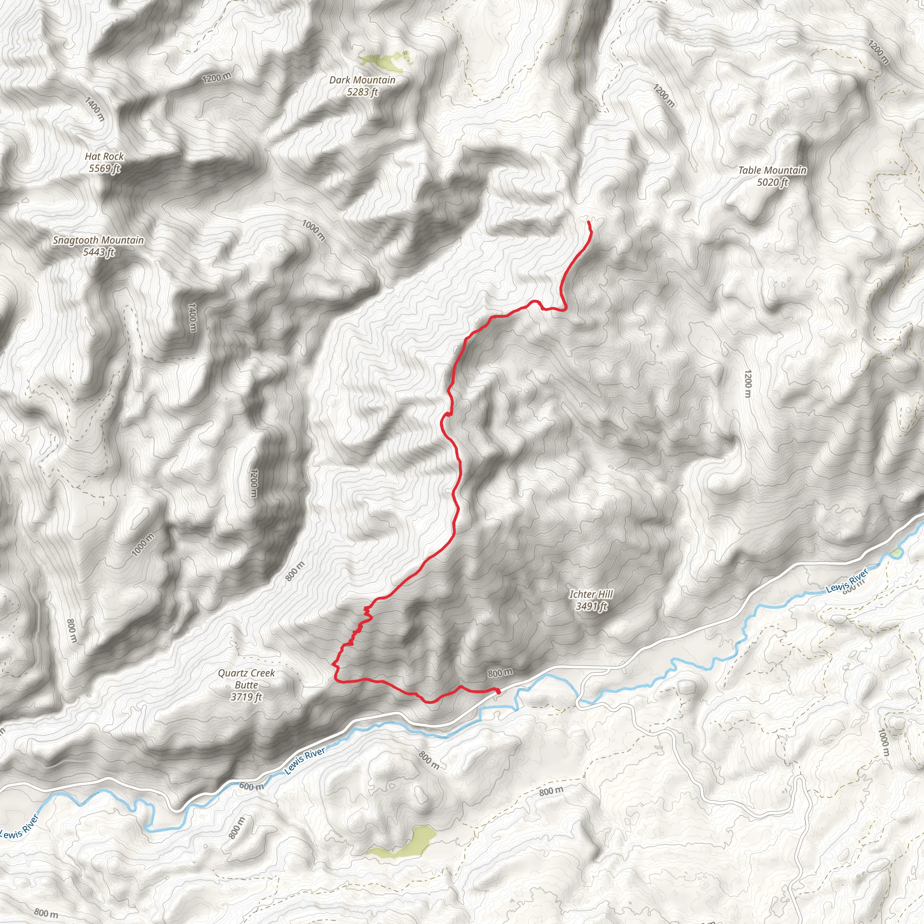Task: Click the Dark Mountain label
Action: [x=362, y=80]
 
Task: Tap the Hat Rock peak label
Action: [x=104, y=157]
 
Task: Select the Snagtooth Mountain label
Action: [x=98, y=240]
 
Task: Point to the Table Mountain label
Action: [x=772, y=170]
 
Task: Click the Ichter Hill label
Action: [x=591, y=595]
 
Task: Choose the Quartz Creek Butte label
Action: [x=246, y=679]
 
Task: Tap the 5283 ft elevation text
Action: [x=362, y=92]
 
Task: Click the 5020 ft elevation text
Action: [x=772, y=182]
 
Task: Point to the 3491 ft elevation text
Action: [x=591, y=606]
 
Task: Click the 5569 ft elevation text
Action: [x=104, y=168]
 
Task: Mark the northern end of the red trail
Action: [x=588, y=222]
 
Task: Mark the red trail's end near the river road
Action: [x=499, y=692]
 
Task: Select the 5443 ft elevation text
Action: [x=98, y=252]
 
